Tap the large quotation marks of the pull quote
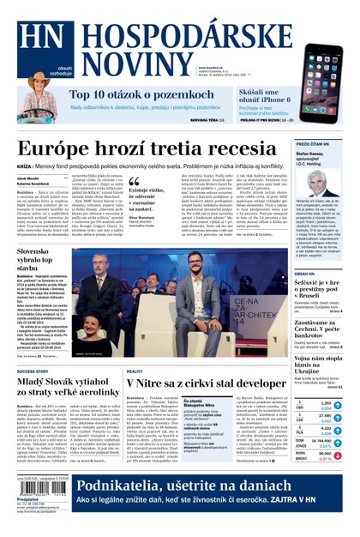point(133,181)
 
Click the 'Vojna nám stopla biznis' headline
point(319,362)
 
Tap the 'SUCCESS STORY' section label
point(32,371)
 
